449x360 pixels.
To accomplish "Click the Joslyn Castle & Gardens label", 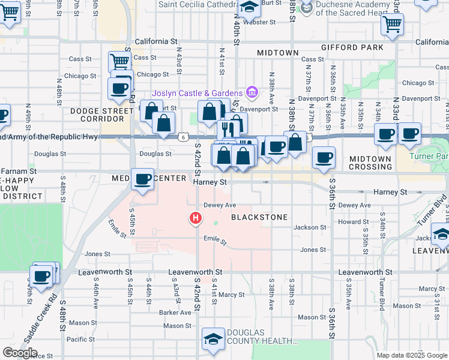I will point(197,93).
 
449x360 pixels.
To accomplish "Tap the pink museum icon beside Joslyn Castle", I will point(252,92).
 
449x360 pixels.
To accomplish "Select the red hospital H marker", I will point(194,218).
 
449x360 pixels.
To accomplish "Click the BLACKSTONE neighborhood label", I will point(259,217).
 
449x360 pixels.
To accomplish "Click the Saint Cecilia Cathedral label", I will point(196,4).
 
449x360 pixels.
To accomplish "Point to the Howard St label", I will point(366,222).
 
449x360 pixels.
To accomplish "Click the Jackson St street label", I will point(310,227).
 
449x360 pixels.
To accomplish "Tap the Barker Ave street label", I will point(175,313).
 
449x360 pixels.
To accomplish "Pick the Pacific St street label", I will point(81,339).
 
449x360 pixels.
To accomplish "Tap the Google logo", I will point(20,353).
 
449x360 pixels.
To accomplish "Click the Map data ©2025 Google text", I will point(411,355).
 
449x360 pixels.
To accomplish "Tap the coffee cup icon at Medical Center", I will point(143,180).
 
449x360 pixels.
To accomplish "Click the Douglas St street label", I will point(155,154).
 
